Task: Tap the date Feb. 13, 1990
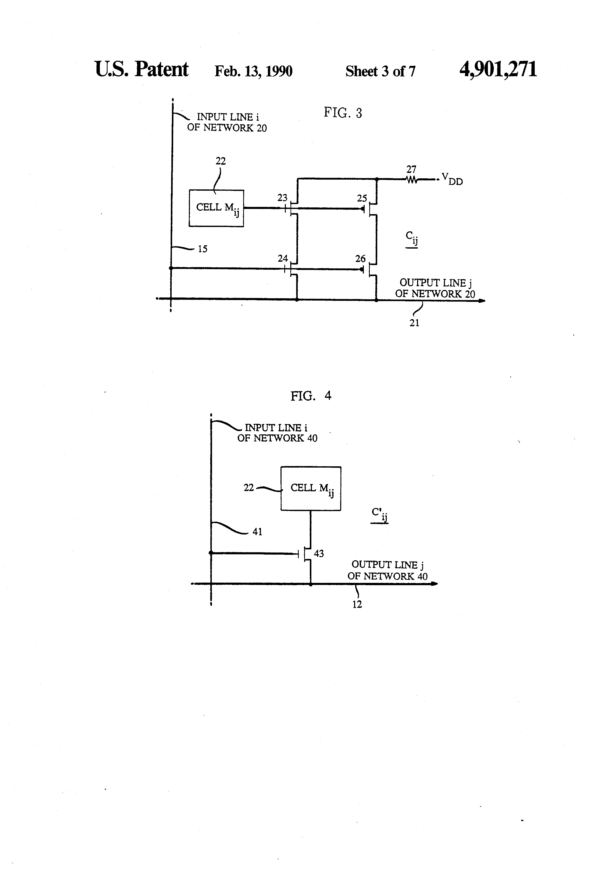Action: click(x=253, y=71)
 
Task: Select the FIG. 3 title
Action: click(x=343, y=113)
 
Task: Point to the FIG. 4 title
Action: click(x=311, y=396)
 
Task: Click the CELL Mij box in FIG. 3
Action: click(x=216, y=208)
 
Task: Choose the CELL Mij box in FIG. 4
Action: click(x=311, y=489)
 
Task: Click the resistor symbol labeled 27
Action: click(x=412, y=180)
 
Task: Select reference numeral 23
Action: click(x=282, y=198)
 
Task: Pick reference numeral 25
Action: click(x=362, y=198)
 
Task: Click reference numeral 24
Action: click(x=283, y=259)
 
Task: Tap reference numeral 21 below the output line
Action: click(x=414, y=323)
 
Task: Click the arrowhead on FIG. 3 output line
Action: click(x=482, y=301)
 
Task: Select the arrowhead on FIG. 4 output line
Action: click(x=434, y=584)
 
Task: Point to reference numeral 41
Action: click(x=257, y=532)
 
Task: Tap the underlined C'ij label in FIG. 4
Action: click(x=379, y=515)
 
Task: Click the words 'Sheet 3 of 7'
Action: click(x=380, y=71)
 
